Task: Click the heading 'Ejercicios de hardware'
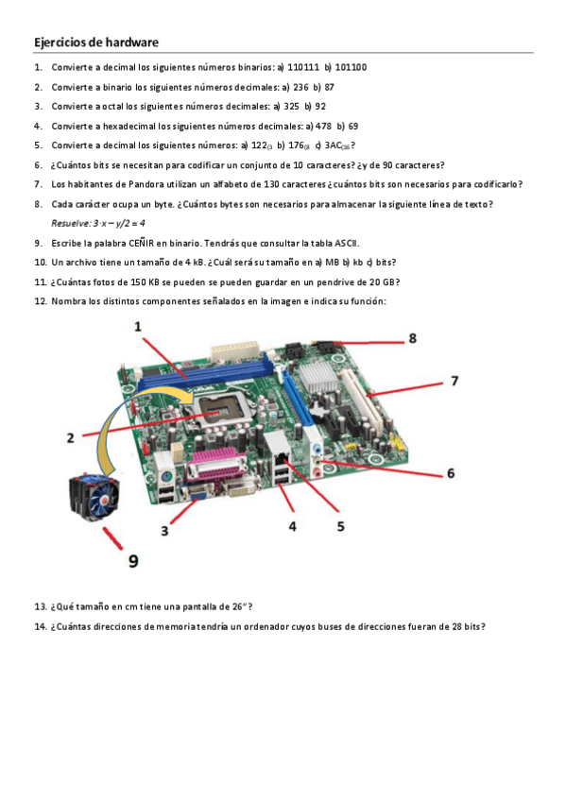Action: (96, 42)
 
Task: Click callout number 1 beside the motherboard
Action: (138, 327)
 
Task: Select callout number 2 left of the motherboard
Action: (71, 437)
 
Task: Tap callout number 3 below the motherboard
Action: (164, 531)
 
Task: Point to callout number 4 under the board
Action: (293, 526)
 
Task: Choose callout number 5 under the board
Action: (341, 526)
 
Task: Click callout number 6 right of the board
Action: (451, 473)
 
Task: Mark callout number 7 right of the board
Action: (455, 381)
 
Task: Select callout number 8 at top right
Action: (413, 338)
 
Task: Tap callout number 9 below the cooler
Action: (133, 561)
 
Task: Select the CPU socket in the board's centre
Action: (218, 414)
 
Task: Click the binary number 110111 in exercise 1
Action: (303, 67)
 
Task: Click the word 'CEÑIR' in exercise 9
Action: (141, 243)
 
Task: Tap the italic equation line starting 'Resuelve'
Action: (98, 223)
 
